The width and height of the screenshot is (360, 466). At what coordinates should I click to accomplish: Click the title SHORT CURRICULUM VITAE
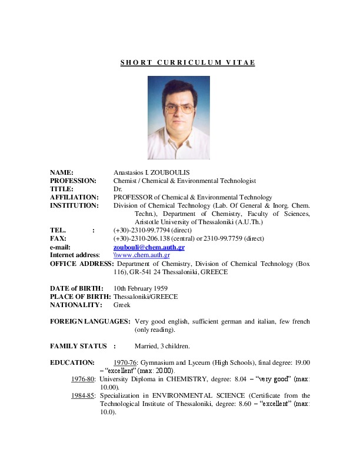click(188, 62)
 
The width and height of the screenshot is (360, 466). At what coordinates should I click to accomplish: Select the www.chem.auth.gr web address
click(142, 255)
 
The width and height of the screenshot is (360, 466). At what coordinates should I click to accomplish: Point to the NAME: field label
click(62, 172)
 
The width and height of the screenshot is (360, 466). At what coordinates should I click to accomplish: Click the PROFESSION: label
click(73, 181)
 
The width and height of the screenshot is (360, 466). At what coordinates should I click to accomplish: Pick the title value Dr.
click(117, 189)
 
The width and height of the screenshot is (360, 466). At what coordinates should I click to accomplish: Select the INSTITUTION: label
click(74, 205)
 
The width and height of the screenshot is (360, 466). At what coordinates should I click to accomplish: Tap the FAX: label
click(58, 238)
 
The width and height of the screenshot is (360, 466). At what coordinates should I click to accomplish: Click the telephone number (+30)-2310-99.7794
click(142, 230)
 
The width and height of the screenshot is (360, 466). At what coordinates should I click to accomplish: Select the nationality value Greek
click(122, 305)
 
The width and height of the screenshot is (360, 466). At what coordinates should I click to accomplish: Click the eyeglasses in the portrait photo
click(178, 109)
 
